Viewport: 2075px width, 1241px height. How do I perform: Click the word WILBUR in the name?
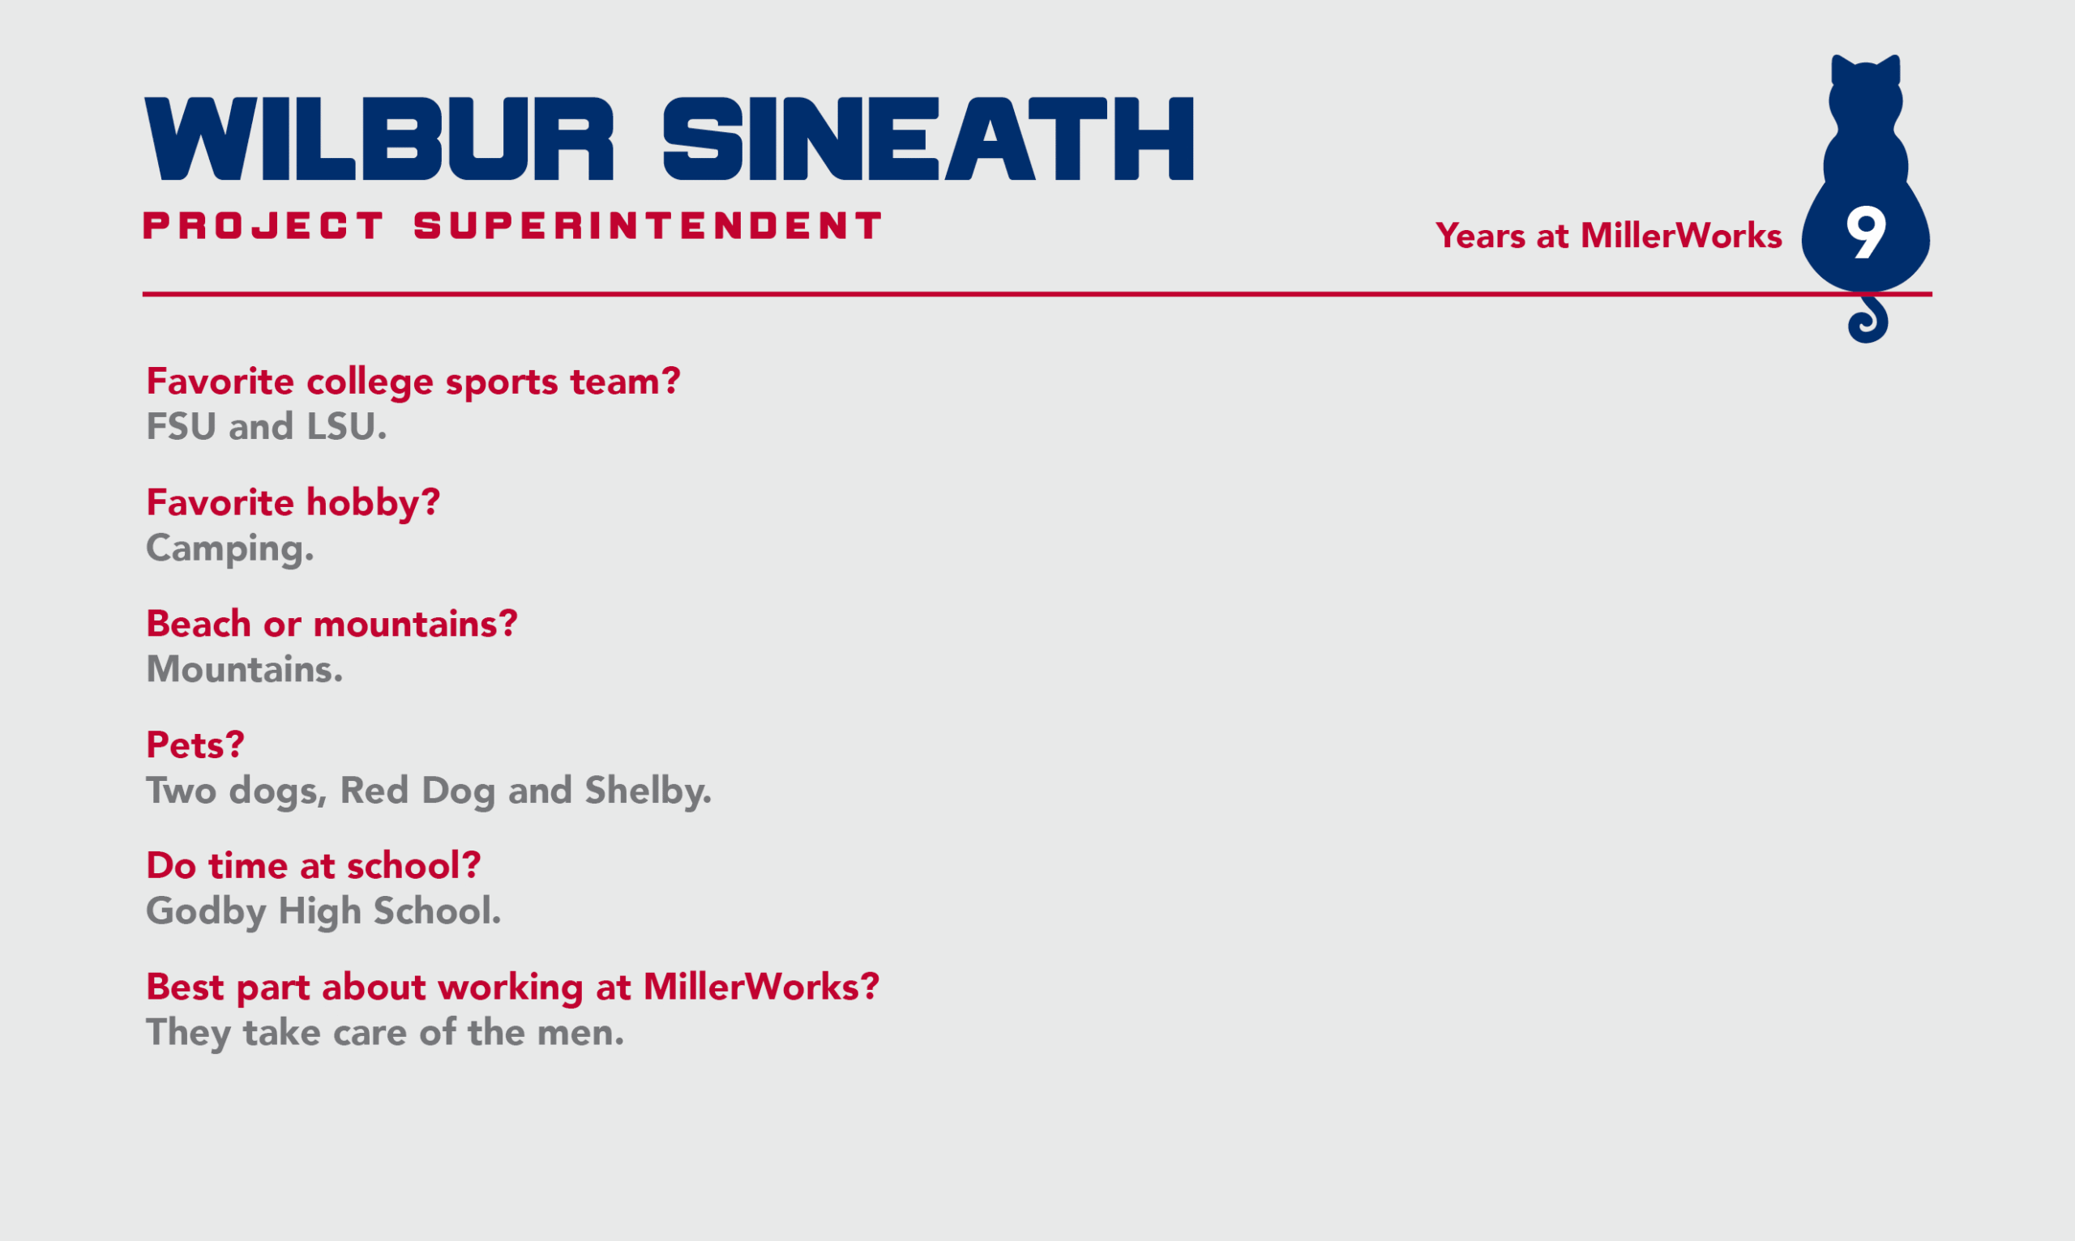click(x=379, y=139)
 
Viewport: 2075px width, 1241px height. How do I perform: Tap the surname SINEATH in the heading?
click(x=929, y=139)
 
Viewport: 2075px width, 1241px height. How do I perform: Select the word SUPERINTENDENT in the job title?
click(x=648, y=226)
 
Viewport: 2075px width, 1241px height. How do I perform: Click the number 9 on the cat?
click(x=1867, y=233)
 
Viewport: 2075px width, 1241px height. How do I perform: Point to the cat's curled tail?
click(x=1868, y=320)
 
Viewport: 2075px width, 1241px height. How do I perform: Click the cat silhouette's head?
click(x=1866, y=92)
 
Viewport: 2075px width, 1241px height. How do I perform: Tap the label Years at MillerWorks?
click(x=1608, y=236)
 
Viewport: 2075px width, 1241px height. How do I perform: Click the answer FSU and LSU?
click(x=266, y=426)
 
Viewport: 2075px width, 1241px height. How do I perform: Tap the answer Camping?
click(x=230, y=549)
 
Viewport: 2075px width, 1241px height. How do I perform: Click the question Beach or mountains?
click(x=332, y=624)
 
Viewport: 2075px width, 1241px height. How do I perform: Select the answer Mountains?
click(x=244, y=669)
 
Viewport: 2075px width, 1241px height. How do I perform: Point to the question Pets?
click(x=195, y=745)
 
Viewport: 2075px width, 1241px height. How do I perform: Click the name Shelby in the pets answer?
click(x=648, y=791)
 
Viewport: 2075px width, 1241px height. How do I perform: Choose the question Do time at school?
click(x=314, y=865)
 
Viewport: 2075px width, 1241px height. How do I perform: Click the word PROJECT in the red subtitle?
click(x=263, y=226)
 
